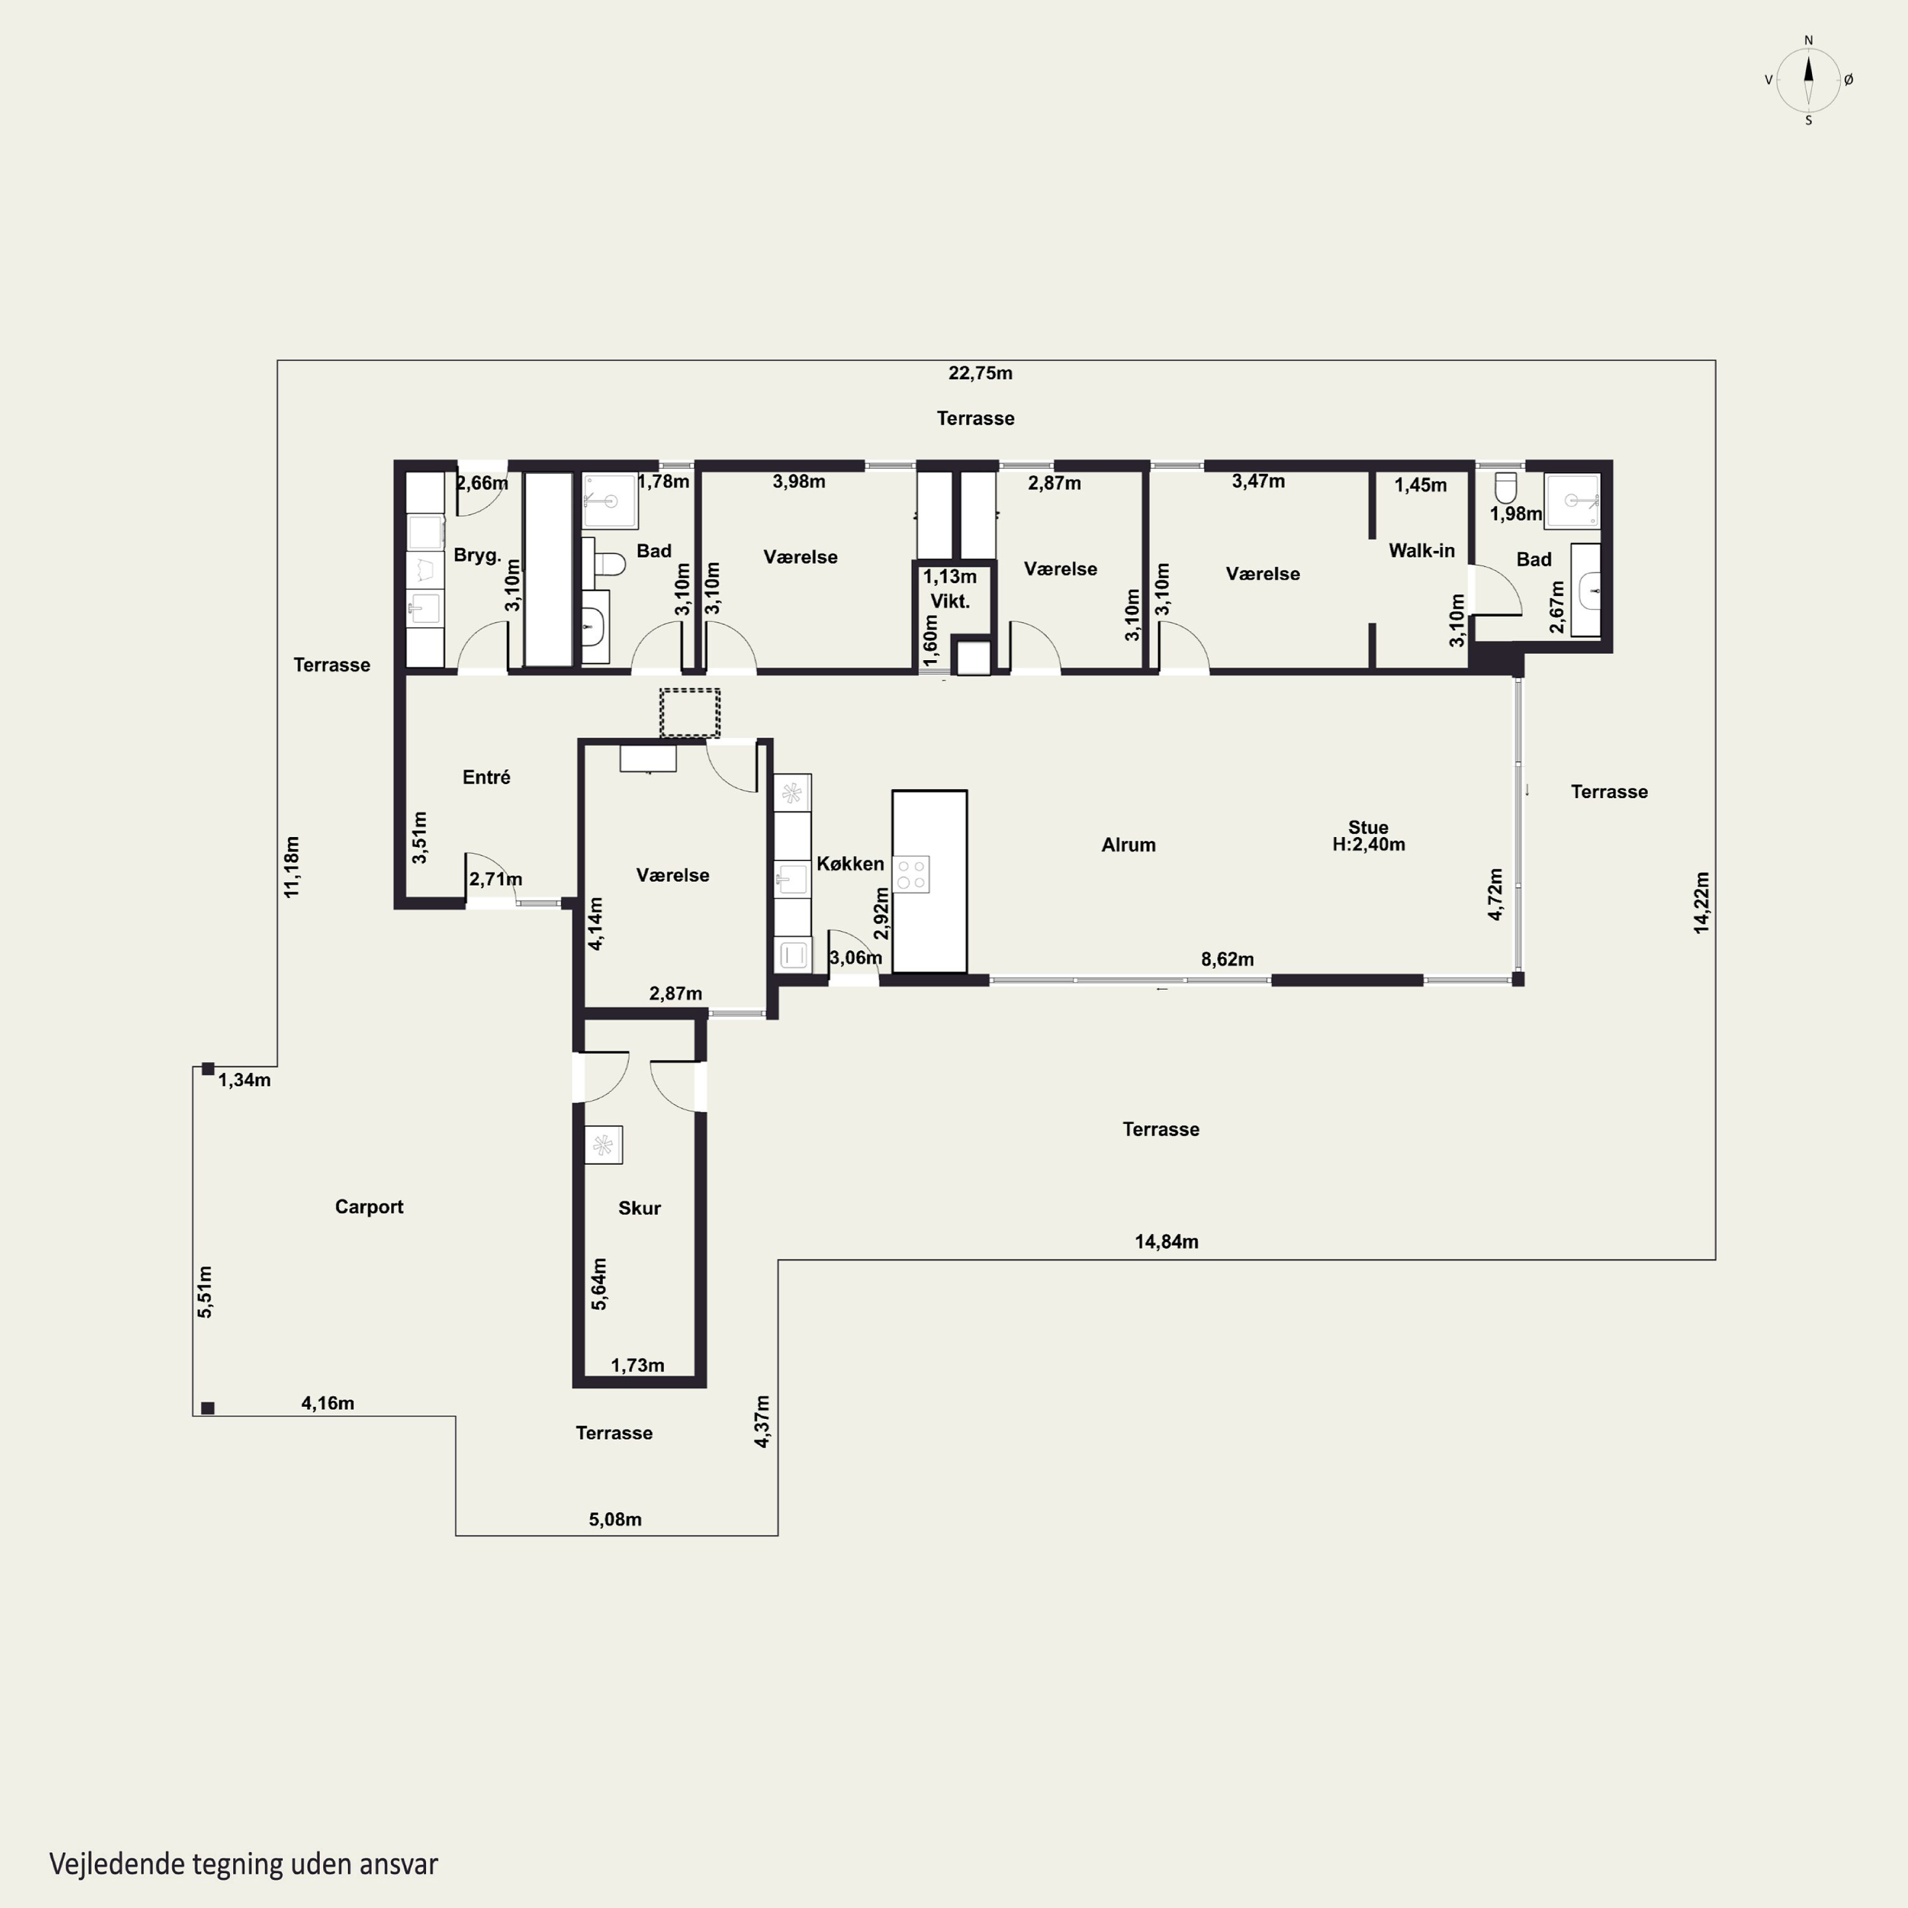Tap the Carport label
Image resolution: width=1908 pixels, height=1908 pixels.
coord(370,1207)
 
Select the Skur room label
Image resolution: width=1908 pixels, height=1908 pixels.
coord(639,1208)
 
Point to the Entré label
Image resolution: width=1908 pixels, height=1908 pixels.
coord(486,777)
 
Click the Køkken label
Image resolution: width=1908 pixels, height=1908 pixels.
coord(850,864)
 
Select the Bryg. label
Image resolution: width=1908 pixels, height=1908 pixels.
coord(477,555)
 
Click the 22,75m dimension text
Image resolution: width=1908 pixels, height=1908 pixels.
coord(981,373)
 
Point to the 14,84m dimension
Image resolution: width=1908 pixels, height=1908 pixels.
coord(1166,1241)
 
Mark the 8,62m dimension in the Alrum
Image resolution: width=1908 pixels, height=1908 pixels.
coord(1227,959)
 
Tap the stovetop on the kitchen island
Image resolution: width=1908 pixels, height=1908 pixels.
coord(911,874)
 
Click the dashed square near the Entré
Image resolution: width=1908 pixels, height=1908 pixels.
coord(689,713)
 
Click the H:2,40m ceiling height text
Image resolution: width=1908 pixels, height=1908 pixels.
coord(1369,845)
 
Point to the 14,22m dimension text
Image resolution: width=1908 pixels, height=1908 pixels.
coord(1701,902)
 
